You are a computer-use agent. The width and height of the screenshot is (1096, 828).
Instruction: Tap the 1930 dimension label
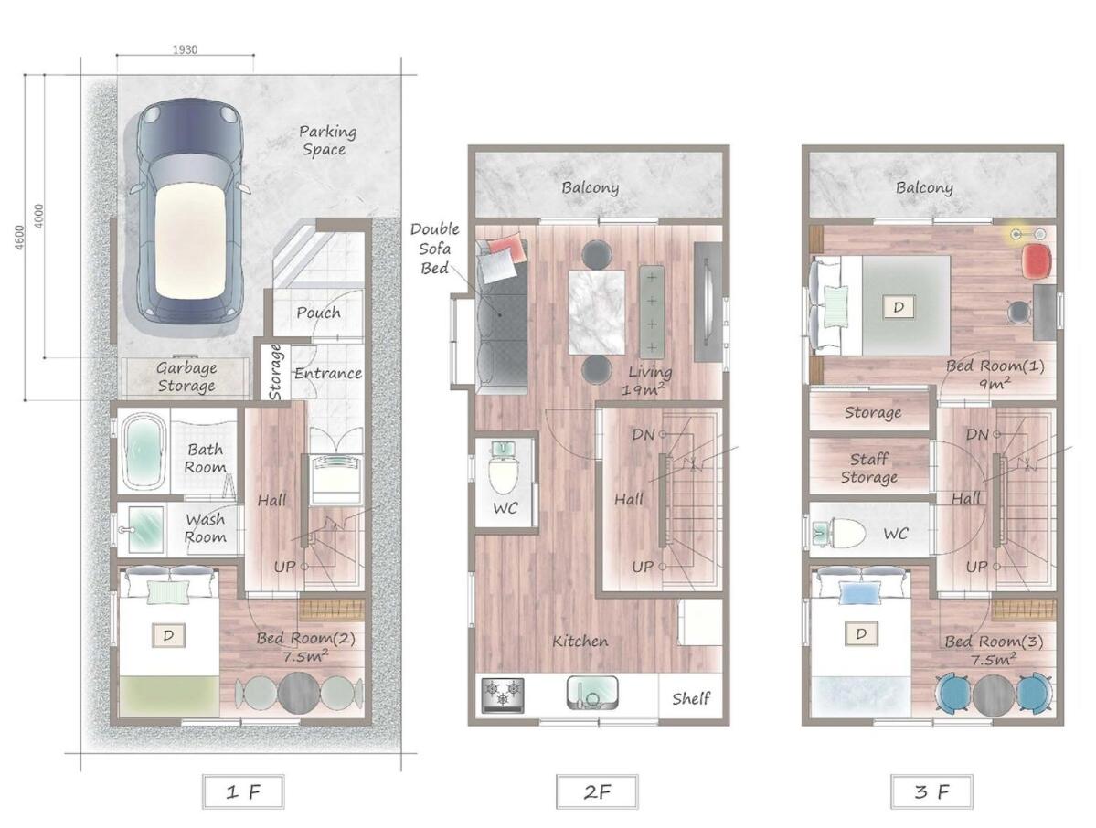[185, 49]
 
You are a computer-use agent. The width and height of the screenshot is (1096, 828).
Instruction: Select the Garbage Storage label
[186, 377]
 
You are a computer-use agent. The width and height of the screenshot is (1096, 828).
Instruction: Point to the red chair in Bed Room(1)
[1036, 260]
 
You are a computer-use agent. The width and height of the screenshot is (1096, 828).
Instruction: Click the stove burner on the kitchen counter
[503, 695]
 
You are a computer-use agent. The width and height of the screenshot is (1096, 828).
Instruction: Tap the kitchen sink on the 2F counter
[592, 693]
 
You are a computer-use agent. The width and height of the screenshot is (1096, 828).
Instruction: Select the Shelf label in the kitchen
[690, 698]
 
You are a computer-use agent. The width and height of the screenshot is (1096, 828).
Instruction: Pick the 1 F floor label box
[243, 791]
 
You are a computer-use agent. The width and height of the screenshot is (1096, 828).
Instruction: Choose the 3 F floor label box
[931, 791]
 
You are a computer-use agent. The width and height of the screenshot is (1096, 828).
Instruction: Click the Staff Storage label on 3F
[868, 468]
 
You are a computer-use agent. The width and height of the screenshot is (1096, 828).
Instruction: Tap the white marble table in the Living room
[596, 313]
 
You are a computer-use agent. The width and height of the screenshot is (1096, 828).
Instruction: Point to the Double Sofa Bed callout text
[434, 248]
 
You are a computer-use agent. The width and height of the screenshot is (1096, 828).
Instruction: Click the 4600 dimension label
[19, 237]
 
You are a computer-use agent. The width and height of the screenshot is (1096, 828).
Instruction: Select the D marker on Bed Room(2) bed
[168, 635]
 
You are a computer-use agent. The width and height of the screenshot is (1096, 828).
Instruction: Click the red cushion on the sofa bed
[506, 248]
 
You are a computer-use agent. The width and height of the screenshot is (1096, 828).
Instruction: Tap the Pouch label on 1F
[318, 313]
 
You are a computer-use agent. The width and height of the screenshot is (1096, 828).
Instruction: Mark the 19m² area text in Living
[643, 388]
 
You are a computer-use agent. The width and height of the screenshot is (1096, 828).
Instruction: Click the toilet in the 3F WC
[839, 533]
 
